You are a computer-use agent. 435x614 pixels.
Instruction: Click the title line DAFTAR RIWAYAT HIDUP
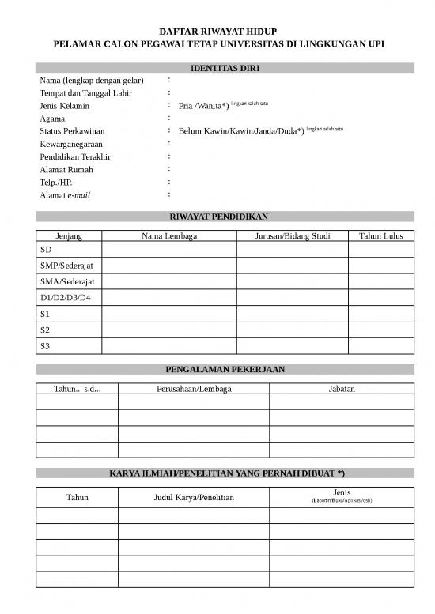[217, 31]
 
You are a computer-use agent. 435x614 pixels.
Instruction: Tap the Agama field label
[52, 119]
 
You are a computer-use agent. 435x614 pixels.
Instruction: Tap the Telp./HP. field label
[56, 182]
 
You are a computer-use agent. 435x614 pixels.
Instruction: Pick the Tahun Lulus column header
[380, 235]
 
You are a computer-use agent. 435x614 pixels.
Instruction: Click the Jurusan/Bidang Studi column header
[292, 235]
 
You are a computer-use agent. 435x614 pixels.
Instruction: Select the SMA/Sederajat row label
[67, 281]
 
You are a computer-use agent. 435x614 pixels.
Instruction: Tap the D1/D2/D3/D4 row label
[66, 297]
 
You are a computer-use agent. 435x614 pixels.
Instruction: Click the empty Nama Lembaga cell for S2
[168, 330]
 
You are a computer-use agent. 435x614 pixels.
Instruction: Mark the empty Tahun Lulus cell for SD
[380, 250]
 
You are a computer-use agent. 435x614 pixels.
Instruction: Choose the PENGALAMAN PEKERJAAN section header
[225, 369]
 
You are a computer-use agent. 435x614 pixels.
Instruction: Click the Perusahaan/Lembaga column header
[194, 389]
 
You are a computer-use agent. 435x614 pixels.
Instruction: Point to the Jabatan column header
[341, 389]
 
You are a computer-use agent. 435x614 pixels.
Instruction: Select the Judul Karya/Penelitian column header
[194, 497]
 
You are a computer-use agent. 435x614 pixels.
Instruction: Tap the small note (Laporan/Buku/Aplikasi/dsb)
[342, 501]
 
